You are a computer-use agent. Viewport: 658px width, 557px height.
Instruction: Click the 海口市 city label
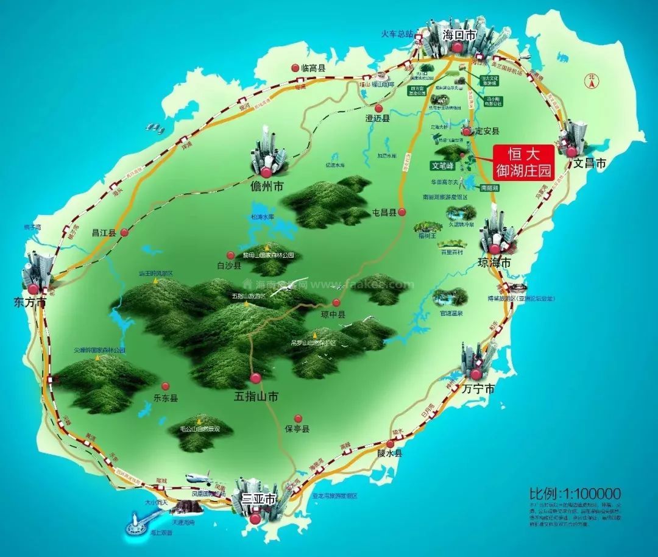tap(459, 35)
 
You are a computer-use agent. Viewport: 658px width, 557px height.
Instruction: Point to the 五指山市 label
tap(256, 396)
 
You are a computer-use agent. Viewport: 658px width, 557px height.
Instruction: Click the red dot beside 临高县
tap(295, 68)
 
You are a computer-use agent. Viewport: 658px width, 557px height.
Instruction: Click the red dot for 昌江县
tap(124, 232)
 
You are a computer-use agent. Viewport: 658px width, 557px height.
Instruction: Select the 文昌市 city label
tap(590, 163)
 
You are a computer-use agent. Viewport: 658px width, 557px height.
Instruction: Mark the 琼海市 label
tap(493, 262)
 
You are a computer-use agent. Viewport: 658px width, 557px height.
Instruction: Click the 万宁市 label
tap(478, 388)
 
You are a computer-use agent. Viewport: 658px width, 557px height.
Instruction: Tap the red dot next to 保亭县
tap(298, 418)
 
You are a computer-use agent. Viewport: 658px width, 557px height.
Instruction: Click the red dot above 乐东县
tap(165, 386)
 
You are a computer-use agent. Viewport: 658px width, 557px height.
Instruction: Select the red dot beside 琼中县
tap(336, 303)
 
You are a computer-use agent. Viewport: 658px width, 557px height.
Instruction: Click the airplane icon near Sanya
tap(198, 477)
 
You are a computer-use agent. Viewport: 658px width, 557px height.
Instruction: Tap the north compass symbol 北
tap(590, 79)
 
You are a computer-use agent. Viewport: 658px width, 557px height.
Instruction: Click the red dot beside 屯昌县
tap(402, 212)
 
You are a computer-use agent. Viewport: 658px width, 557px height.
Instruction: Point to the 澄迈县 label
tap(377, 118)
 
